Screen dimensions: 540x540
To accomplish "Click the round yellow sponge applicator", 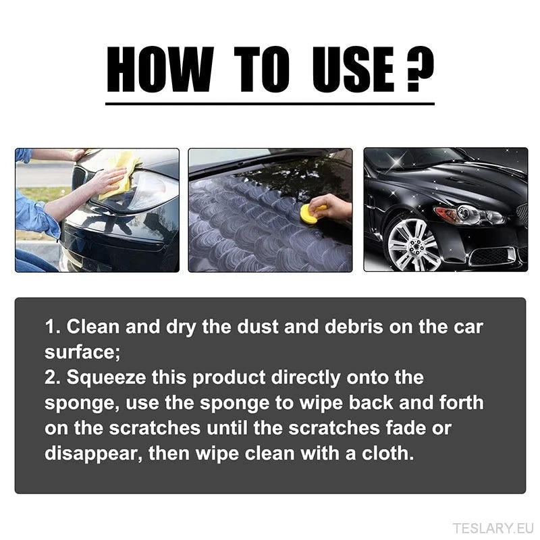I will coord(310,214).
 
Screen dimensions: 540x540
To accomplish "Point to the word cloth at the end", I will coord(386,453).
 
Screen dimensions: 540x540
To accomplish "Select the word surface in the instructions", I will coord(76,352).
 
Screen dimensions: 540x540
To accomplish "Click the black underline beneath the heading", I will coord(269,103).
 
